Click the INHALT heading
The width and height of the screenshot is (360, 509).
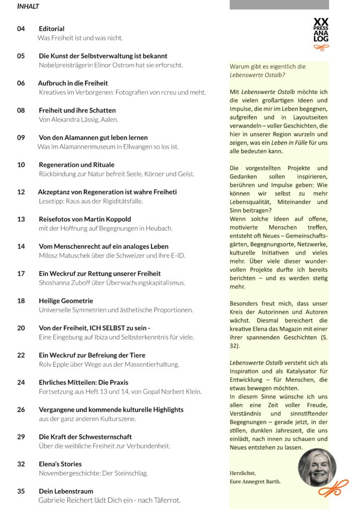(x=28, y=7)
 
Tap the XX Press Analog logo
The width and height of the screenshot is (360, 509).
(x=321, y=30)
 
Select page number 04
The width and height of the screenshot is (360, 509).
(x=21, y=29)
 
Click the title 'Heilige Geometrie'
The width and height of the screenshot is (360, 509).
(x=66, y=301)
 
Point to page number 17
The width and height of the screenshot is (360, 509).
(x=21, y=273)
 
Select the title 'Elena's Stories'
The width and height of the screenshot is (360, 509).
(x=60, y=464)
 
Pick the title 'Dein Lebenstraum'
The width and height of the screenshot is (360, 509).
(x=66, y=491)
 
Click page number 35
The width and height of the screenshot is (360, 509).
(x=21, y=491)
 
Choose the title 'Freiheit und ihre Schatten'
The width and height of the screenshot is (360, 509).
(x=77, y=110)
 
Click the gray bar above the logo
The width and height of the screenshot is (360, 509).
(x=279, y=4)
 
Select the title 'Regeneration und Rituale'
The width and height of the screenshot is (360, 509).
(x=77, y=165)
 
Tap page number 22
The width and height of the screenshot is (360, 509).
(x=21, y=355)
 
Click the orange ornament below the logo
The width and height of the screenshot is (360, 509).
(x=321, y=48)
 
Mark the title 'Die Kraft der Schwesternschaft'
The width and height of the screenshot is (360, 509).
(x=85, y=437)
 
